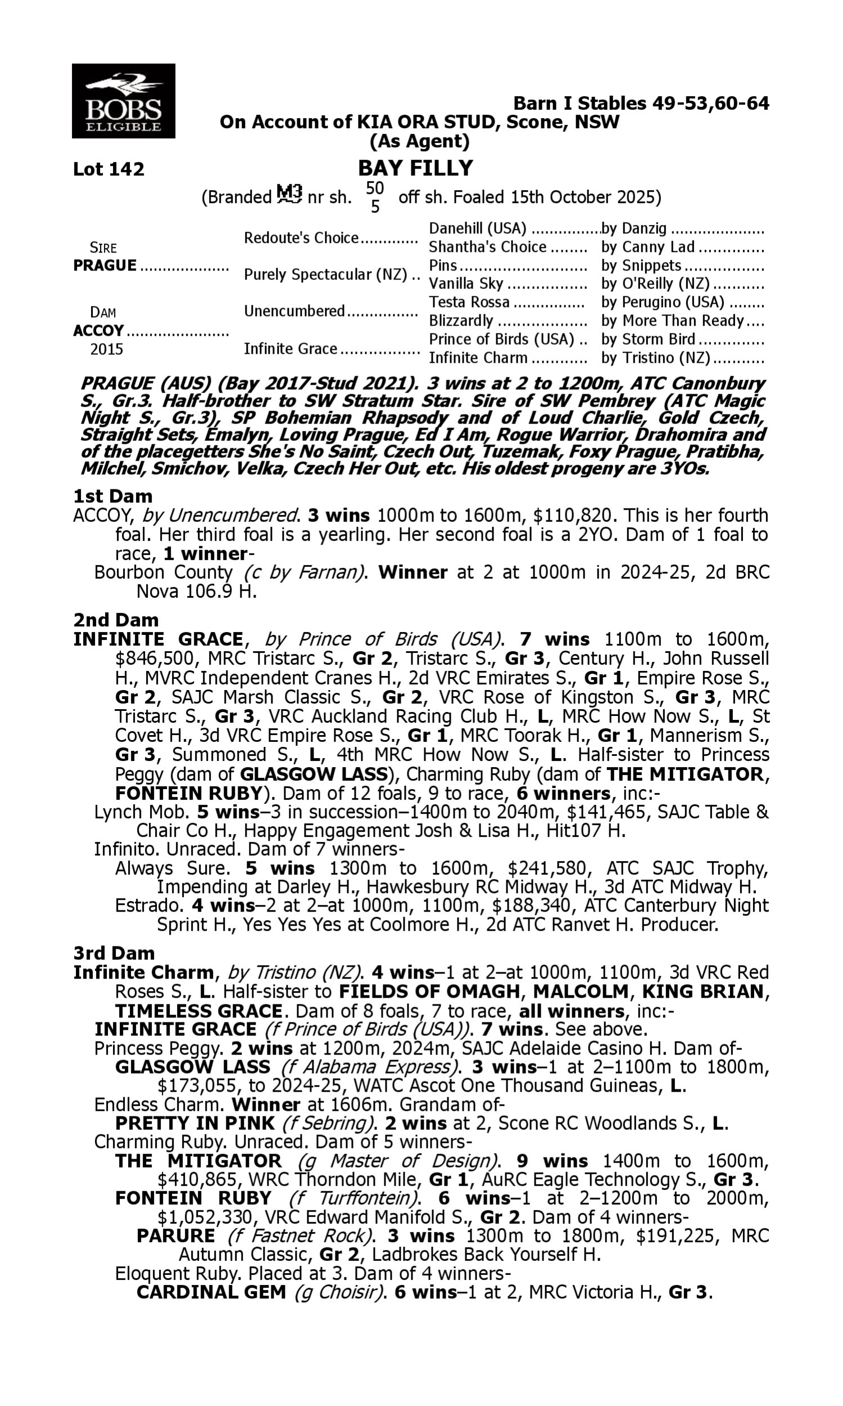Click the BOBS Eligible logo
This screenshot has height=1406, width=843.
[123, 101]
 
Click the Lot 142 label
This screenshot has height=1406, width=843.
[108, 169]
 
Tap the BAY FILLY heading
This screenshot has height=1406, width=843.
[415, 168]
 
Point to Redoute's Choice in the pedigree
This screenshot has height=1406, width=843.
[301, 237]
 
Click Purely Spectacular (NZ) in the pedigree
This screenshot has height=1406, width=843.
[325, 274]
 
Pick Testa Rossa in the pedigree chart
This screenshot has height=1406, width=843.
[469, 302]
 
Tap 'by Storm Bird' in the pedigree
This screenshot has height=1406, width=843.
[648, 339]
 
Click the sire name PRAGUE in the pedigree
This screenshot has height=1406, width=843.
[105, 265]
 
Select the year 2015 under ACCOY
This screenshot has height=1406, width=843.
[106, 349]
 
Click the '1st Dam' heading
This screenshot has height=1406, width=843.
[112, 496]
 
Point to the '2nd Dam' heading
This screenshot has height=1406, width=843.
[116, 619]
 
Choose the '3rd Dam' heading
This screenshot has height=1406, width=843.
[114, 953]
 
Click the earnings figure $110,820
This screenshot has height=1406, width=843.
[573, 516]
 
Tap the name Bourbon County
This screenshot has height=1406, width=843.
[163, 573]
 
